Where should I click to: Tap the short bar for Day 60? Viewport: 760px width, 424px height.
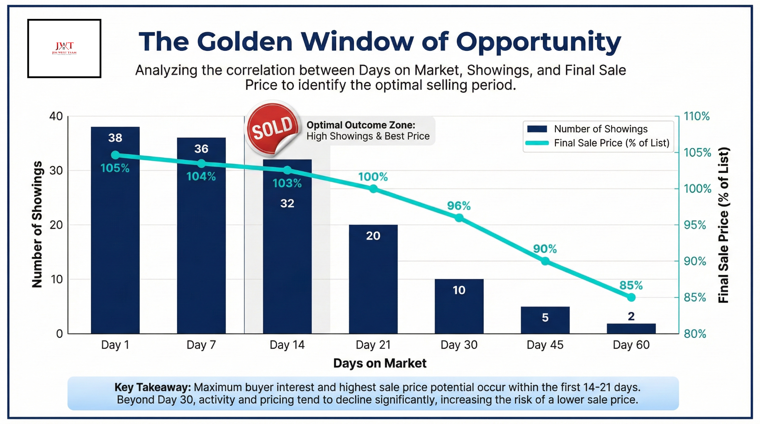pyautogui.click(x=631, y=329)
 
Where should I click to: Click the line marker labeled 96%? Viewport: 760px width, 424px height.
pyautogui.click(x=459, y=218)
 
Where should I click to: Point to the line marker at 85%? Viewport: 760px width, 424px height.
pyautogui.click(x=631, y=298)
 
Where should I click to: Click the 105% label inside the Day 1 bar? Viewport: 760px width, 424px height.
pyautogui.click(x=115, y=168)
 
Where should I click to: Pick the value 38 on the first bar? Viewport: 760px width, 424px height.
pyautogui.click(x=115, y=138)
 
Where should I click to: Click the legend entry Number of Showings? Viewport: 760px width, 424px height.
pyautogui.click(x=600, y=129)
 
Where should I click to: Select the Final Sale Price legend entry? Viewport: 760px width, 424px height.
pyautogui.click(x=611, y=143)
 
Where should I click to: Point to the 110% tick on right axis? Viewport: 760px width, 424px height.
pyautogui.click(x=697, y=116)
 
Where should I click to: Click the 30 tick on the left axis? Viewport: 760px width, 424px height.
pyautogui.click(x=56, y=171)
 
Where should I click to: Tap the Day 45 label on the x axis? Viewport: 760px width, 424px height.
pyautogui.click(x=545, y=345)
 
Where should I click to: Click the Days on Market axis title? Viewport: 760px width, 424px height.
pyautogui.click(x=380, y=363)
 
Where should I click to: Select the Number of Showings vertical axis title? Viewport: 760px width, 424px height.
pyautogui.click(x=37, y=224)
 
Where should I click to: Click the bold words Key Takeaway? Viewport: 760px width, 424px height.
pyautogui.click(x=153, y=388)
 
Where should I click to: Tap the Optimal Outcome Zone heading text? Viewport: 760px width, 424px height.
pyautogui.click(x=361, y=125)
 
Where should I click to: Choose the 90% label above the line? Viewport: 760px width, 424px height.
pyautogui.click(x=545, y=249)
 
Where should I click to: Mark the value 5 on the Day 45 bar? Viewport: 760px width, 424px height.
pyautogui.click(x=545, y=318)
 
